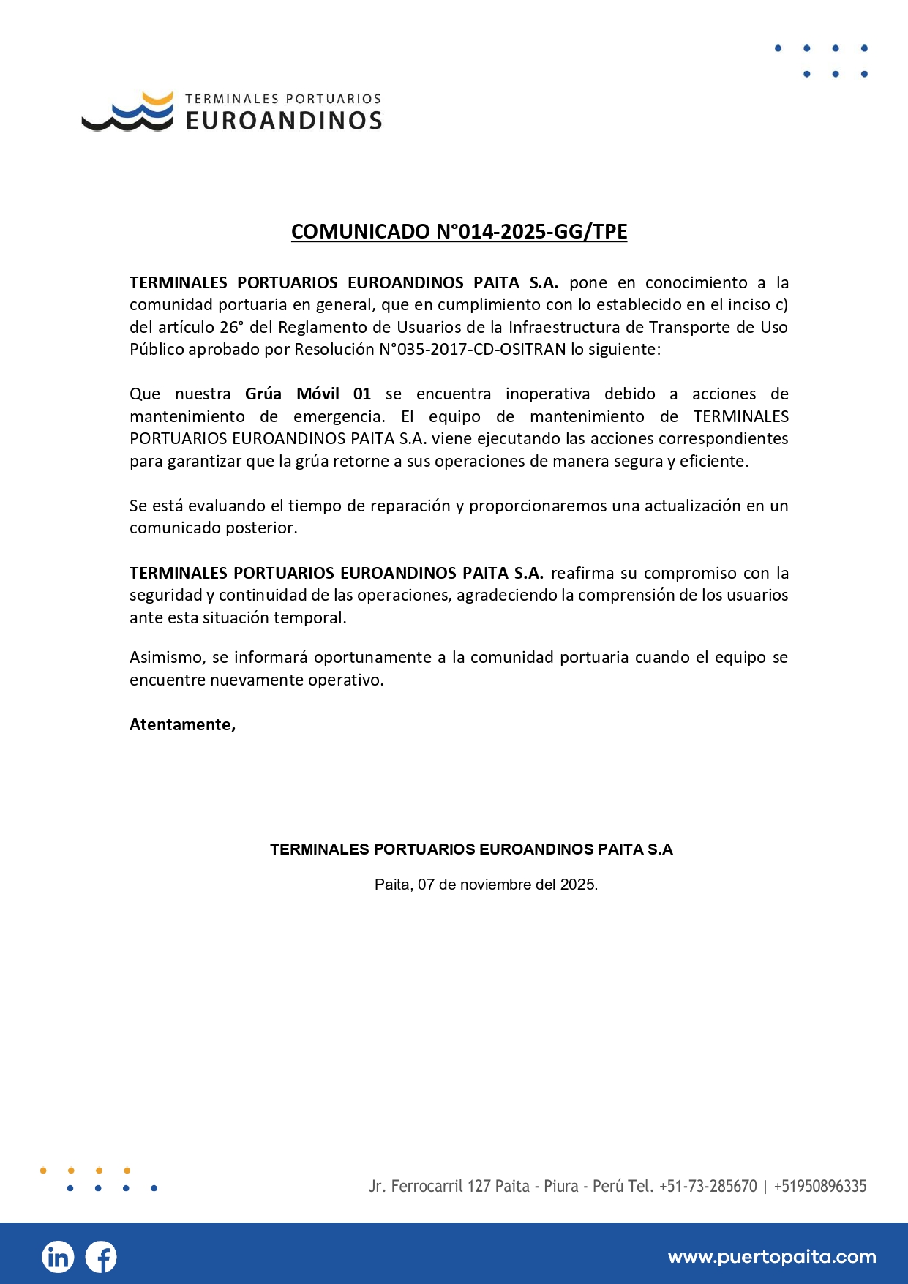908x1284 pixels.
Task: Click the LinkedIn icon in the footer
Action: click(x=58, y=1257)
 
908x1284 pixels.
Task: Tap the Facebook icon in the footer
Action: click(x=101, y=1257)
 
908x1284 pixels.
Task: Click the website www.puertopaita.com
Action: click(x=772, y=1257)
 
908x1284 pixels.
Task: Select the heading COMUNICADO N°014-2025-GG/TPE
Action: click(x=459, y=231)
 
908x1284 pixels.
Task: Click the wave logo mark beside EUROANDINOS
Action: click(x=128, y=112)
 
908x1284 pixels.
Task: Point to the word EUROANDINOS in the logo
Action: click(x=284, y=121)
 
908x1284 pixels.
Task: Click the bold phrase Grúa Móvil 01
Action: click(x=308, y=394)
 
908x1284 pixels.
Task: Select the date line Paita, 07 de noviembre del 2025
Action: click(x=486, y=885)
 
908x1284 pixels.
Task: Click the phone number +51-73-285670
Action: click(x=708, y=1186)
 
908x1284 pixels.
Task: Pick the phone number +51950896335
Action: click(x=820, y=1186)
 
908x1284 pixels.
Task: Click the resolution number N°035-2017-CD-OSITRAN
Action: click(x=473, y=349)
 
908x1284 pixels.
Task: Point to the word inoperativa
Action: click(x=547, y=394)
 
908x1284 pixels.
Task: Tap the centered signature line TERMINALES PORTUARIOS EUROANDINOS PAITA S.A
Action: click(x=471, y=849)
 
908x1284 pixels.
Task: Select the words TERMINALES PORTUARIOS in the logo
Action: click(x=283, y=99)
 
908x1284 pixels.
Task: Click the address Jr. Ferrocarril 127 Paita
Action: click(x=449, y=1186)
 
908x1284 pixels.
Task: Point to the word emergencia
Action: click(x=339, y=416)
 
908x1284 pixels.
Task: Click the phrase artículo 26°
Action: click(x=198, y=327)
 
